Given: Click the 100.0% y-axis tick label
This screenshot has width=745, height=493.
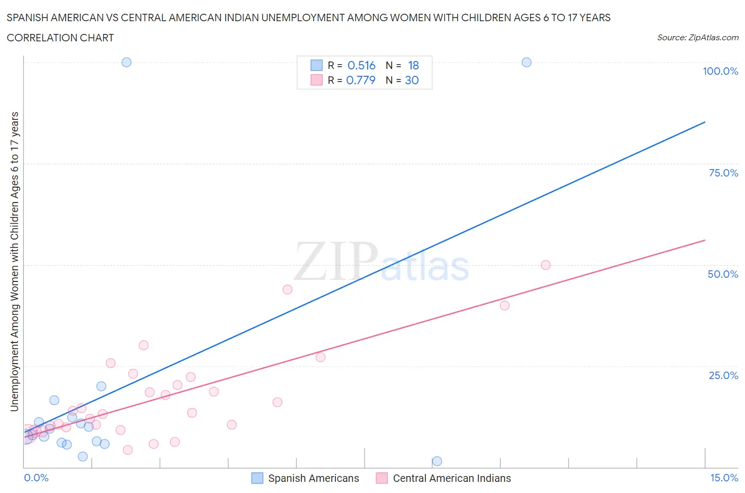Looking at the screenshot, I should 720,71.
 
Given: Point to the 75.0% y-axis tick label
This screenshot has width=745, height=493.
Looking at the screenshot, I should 723,173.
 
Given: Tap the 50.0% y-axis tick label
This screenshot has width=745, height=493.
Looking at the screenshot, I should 723,274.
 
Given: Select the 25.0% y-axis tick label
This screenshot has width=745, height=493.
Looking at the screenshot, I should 723,375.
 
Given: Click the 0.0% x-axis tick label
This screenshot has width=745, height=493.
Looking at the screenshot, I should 36,478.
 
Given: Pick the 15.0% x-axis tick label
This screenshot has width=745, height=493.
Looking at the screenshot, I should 724,478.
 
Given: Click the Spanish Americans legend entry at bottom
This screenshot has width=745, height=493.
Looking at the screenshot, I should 313,478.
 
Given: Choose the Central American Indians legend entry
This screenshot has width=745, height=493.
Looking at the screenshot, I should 451,478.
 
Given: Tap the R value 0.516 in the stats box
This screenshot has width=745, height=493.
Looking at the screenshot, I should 361,65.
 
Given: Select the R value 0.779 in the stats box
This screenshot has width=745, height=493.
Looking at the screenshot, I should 361,80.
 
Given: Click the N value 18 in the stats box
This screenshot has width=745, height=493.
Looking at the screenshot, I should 413,65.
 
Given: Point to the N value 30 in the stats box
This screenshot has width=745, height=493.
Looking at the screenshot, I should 412,80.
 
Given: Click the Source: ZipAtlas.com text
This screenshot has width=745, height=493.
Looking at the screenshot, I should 697,38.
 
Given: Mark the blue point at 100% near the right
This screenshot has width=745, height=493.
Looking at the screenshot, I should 526,62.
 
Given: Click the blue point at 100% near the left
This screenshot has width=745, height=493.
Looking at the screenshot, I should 126,62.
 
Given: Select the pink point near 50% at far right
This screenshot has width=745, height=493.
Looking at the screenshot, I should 545,265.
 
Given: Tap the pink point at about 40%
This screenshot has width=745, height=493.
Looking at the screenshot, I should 504,305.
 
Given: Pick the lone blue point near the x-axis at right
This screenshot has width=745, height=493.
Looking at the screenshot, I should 437,461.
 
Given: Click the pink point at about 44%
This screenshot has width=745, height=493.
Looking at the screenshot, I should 287,289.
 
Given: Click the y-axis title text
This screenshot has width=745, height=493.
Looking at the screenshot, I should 14,261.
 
